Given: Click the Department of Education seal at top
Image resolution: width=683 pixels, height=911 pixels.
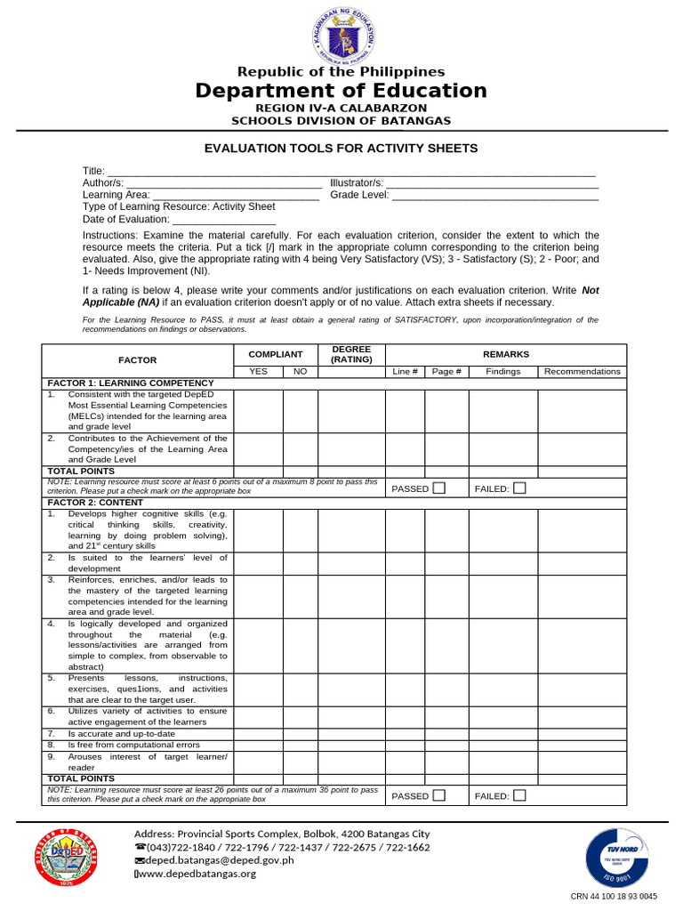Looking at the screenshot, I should click(x=341, y=35).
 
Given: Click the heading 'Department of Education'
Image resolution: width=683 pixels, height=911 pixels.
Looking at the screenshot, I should click(x=341, y=91).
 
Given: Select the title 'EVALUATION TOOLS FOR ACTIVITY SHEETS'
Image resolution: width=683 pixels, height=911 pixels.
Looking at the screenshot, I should click(x=341, y=149).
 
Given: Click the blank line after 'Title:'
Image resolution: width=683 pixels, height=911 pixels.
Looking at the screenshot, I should click(x=351, y=172).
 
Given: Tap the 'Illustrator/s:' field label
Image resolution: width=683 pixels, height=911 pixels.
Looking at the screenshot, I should click(x=357, y=182).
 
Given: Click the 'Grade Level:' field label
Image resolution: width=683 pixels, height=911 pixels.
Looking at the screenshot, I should click(x=359, y=195).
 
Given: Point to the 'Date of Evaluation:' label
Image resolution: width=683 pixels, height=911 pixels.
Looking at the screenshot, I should click(x=126, y=219).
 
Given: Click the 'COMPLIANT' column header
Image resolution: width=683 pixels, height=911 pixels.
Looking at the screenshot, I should click(x=276, y=354).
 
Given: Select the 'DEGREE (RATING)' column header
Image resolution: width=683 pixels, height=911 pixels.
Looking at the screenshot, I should click(x=351, y=354).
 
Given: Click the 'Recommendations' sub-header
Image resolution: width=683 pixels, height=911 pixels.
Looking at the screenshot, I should click(x=582, y=372).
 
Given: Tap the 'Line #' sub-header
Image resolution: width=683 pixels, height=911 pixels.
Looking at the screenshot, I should click(x=405, y=372).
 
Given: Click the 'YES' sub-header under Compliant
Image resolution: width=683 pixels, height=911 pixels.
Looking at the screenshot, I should click(x=258, y=372).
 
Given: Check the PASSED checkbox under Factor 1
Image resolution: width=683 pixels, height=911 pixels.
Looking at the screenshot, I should click(x=438, y=488).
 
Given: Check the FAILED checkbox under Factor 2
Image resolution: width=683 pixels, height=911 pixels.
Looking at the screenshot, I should click(x=519, y=795).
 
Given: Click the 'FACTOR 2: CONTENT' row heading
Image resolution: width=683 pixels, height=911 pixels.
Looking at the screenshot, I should click(x=95, y=503).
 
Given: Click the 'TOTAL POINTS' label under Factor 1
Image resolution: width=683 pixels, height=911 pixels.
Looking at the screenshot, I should click(x=81, y=472).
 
